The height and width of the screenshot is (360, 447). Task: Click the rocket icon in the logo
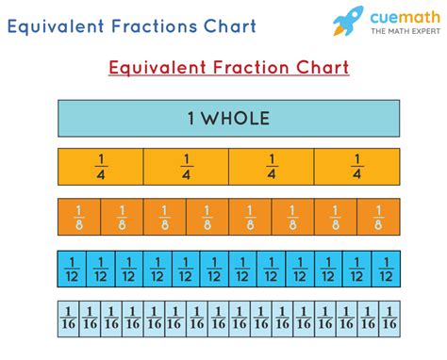(x=348, y=21)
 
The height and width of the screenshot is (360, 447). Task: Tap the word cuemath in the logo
(x=406, y=17)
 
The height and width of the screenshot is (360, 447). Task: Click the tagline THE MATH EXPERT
(x=406, y=31)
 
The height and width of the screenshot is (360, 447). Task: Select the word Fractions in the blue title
(x=155, y=25)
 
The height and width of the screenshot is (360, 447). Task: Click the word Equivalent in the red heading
(x=157, y=68)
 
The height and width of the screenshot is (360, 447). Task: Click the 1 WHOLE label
(x=228, y=119)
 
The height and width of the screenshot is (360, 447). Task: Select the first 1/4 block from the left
(x=101, y=167)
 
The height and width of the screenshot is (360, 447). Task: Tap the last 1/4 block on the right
(x=357, y=167)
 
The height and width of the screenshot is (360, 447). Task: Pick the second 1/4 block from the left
(x=186, y=167)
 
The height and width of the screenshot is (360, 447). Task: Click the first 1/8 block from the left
(x=79, y=217)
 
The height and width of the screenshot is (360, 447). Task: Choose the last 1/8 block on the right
(x=378, y=217)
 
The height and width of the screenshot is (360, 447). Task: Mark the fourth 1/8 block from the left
(x=207, y=217)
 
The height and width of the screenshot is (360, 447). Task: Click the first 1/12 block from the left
(x=72, y=269)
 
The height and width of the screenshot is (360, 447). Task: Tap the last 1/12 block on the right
(x=386, y=269)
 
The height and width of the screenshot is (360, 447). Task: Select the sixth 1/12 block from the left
(x=214, y=269)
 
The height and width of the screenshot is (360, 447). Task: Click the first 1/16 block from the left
(x=69, y=319)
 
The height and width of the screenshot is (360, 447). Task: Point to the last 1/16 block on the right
(x=389, y=319)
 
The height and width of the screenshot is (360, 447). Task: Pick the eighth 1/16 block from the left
(x=219, y=319)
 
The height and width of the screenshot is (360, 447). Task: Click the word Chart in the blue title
(x=230, y=25)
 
